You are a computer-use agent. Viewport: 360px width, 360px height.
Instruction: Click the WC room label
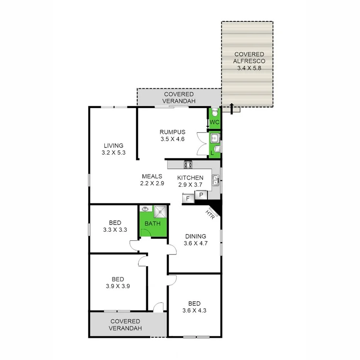[x=214, y=122]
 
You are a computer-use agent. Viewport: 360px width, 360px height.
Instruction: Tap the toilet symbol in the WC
[x=215, y=112]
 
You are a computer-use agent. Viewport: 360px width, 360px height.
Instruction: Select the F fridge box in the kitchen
[x=188, y=198]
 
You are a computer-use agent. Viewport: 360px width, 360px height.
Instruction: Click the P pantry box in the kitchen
[x=201, y=196]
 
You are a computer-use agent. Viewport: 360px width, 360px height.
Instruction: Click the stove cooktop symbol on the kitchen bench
[x=188, y=165]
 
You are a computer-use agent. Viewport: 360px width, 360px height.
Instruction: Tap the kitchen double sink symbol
[x=216, y=180]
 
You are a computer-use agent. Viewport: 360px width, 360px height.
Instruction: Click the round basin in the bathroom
[x=146, y=209]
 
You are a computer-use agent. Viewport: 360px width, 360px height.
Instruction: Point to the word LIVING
[x=113, y=146]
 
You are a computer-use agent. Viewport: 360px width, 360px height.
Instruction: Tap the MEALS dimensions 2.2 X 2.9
[x=152, y=184]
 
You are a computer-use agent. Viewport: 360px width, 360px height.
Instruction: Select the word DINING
[x=195, y=236]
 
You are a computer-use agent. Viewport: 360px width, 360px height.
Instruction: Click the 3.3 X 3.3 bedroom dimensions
[x=115, y=229]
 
